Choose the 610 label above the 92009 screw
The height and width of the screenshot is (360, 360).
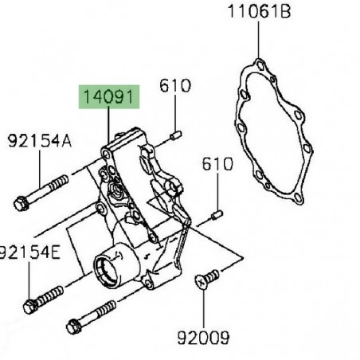tap(217, 165)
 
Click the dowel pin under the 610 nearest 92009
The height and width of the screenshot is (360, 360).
tap(217, 214)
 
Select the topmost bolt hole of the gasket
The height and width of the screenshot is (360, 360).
tap(258, 61)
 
